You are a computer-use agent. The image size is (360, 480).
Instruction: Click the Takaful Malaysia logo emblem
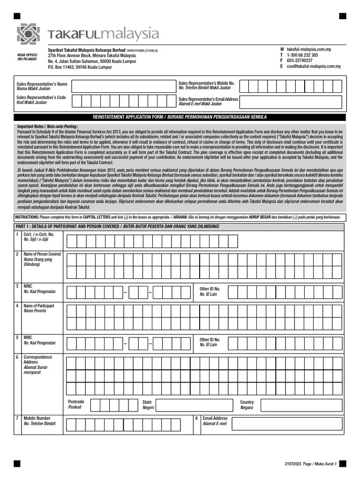coord(29,34)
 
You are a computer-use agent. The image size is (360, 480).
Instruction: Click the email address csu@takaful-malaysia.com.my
coord(314,67)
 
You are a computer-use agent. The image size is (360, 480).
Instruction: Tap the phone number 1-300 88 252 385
coord(302,55)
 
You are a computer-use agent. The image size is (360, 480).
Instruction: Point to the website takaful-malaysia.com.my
coord(308,49)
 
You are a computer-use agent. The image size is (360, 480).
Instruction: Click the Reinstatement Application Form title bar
coord(180,117)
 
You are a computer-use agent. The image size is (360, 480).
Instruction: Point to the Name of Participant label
coord(39,308)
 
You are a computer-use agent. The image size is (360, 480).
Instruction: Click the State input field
coord(195,405)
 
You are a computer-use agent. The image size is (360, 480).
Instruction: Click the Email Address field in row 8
coord(287,423)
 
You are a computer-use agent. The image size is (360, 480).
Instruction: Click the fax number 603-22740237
coord(300,60)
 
